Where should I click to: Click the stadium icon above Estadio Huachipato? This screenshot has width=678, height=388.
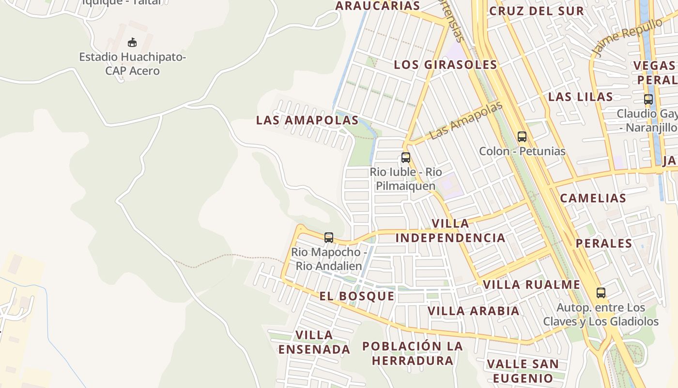click(132, 42)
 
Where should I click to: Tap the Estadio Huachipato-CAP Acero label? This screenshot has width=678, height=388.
click(132, 64)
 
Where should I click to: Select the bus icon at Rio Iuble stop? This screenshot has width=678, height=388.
click(405, 158)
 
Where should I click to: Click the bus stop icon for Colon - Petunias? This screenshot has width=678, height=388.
click(522, 137)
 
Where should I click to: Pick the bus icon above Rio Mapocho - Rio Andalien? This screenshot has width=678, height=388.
click(329, 238)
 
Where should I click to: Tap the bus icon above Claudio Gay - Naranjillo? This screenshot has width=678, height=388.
click(648, 99)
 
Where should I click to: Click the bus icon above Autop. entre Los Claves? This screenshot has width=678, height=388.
click(601, 293)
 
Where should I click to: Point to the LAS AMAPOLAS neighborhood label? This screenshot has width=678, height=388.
click(307, 120)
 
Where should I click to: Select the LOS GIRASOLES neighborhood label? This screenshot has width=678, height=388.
click(445, 65)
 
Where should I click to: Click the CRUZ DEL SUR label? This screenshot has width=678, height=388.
click(536, 11)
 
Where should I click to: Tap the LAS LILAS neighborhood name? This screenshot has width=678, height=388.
click(580, 97)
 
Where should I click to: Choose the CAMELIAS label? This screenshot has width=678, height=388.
click(593, 198)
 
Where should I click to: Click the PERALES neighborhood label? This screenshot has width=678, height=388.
click(603, 243)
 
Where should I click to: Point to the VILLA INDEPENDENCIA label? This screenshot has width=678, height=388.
click(450, 230)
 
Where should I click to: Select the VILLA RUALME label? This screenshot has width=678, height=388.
click(531, 284)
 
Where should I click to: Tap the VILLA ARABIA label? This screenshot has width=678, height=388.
click(473, 310)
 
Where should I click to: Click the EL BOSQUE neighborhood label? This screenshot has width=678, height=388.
click(356, 296)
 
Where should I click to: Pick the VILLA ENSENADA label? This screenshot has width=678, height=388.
click(314, 342)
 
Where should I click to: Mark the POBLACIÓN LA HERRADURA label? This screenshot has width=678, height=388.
click(413, 353)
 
